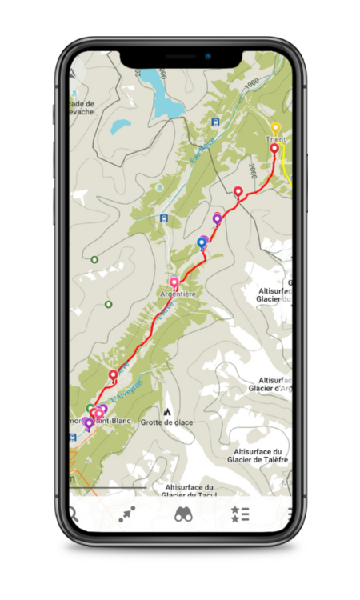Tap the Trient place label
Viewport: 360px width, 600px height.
point(275,139)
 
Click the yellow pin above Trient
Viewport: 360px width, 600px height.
point(275,127)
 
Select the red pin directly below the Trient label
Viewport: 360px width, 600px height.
point(274,148)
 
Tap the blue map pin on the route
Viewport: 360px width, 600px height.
point(202,242)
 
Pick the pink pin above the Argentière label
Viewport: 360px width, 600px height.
point(174,282)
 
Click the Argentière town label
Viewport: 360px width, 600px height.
point(178,294)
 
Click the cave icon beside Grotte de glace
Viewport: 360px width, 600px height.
point(167,411)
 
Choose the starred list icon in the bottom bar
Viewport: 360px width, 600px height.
point(239,514)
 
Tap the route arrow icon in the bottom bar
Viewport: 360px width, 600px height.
point(127,514)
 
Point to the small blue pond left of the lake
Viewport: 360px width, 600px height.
point(121,126)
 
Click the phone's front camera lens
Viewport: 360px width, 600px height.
point(206,58)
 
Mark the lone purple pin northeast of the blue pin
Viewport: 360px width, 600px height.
point(217,218)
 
